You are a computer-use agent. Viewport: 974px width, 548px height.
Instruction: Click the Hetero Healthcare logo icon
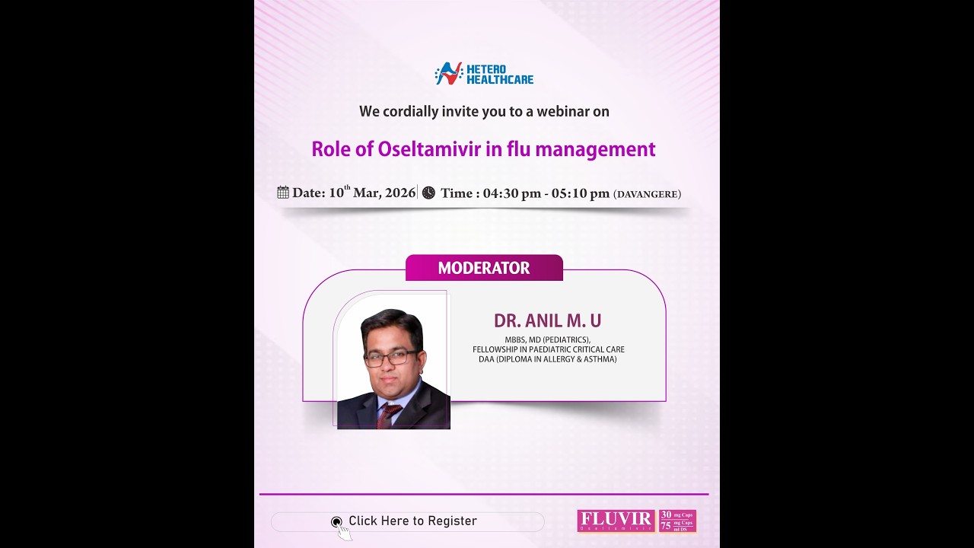tap(449, 73)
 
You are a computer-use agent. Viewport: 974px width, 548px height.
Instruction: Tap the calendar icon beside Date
tap(283, 193)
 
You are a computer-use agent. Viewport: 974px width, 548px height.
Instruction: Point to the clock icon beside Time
tap(428, 193)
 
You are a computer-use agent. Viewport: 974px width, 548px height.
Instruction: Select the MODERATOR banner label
tap(484, 268)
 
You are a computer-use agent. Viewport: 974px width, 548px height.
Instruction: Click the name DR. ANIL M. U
tap(547, 320)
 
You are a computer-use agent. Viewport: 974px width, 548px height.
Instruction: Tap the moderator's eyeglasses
tap(391, 358)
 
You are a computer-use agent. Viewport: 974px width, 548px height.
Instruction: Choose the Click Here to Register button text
tap(412, 521)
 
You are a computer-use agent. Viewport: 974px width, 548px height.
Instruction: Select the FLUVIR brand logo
tap(616, 521)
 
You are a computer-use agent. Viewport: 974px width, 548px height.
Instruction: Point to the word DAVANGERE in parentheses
tap(647, 194)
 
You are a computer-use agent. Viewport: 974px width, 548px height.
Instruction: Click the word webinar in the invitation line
tap(562, 111)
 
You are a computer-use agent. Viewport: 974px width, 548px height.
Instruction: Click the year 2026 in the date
tap(400, 193)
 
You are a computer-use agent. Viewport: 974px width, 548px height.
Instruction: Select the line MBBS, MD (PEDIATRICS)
tap(547, 340)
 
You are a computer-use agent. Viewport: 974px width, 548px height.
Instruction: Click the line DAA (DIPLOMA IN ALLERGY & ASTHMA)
tap(547, 359)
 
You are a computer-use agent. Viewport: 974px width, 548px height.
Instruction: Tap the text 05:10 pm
tap(581, 193)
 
